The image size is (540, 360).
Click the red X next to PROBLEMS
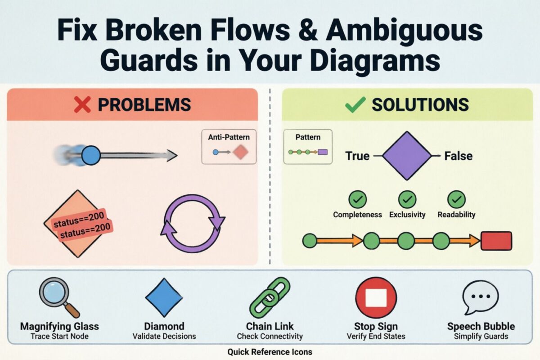(82, 104)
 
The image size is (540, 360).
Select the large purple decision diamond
(406, 156)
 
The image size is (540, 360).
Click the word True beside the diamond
(357, 156)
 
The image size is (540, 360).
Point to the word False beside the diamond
(458, 156)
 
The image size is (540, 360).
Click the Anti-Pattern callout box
(229, 147)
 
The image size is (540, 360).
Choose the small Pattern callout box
(308, 146)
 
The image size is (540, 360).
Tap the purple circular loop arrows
(193, 223)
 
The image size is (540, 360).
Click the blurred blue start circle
(91, 156)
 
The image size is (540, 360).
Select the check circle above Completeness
(357, 199)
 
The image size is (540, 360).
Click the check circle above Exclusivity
(407, 199)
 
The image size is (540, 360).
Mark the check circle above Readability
(456, 199)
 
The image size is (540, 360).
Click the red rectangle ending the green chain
(496, 241)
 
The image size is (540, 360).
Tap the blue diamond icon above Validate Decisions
(164, 297)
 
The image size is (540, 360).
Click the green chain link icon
(270, 297)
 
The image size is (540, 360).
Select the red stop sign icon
(376, 297)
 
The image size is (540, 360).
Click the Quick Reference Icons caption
(270, 352)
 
